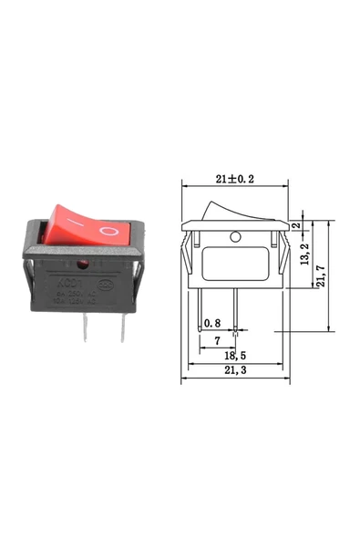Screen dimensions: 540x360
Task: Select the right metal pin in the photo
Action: (x=119, y=329)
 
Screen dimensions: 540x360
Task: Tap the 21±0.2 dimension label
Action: (x=234, y=179)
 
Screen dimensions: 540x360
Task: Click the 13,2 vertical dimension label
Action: (x=304, y=258)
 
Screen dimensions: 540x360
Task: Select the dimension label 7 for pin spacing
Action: (x=216, y=340)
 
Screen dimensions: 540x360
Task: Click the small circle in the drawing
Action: (x=235, y=237)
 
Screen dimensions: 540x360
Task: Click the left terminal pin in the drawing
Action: (x=200, y=309)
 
